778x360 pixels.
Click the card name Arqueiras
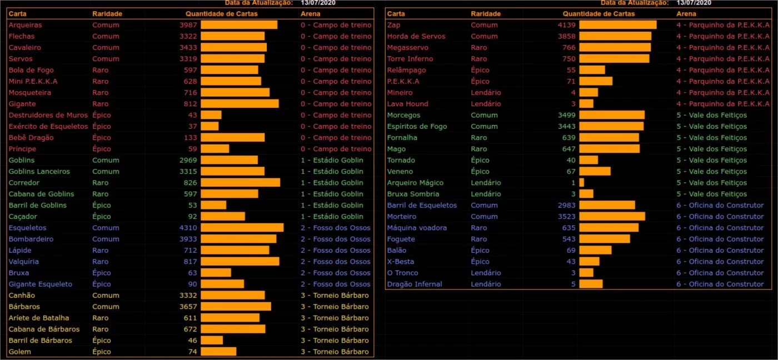pyautogui.click(x=25, y=25)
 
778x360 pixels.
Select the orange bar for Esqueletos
pyautogui.click(x=242, y=228)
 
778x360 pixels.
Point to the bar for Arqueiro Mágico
pyautogui.click(x=581, y=183)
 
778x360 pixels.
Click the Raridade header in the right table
pyautogui.click(x=486, y=14)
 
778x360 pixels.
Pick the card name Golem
pyautogui.click(x=20, y=352)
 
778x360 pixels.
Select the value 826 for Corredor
pyautogui.click(x=190, y=183)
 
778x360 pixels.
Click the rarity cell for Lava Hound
pyautogui.click(x=486, y=104)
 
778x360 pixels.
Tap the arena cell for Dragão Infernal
pyautogui.click(x=720, y=284)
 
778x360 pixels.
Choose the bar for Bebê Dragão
pyautogui.click(x=233, y=137)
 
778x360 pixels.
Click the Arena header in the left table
pyautogui.click(x=311, y=14)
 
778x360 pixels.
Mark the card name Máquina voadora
pyautogui.click(x=417, y=228)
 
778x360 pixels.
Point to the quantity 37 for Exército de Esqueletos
pyautogui.click(x=193, y=126)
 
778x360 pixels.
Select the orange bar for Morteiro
pyautogui.click(x=612, y=216)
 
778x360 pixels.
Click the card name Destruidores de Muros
pyautogui.click(x=48, y=115)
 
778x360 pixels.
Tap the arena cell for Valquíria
pyautogui.click(x=336, y=262)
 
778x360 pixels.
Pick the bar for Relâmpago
pyautogui.click(x=592, y=70)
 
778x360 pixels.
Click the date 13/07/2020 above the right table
pyautogui.click(x=694, y=3)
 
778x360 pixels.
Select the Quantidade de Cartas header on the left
pyautogui.click(x=222, y=14)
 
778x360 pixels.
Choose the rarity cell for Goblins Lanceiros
pyautogui.click(x=106, y=172)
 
